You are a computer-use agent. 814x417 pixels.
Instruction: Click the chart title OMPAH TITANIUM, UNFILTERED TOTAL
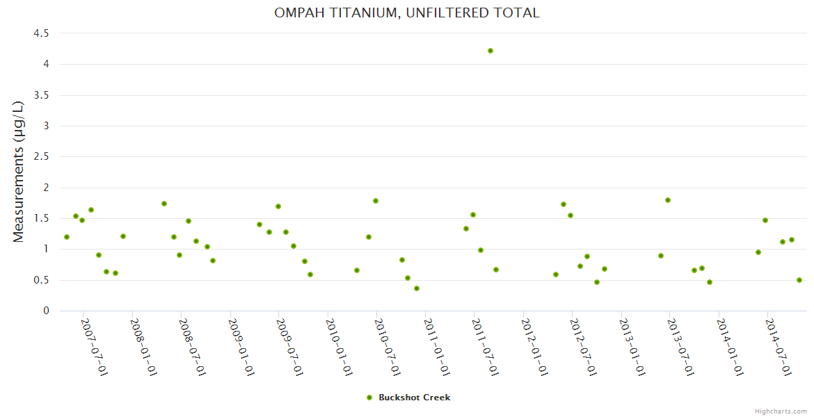tap(407, 13)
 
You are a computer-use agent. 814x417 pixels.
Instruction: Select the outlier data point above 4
tap(490, 51)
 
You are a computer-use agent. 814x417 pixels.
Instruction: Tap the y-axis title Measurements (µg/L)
tap(19, 172)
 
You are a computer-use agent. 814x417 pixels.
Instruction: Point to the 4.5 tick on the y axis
tap(41, 33)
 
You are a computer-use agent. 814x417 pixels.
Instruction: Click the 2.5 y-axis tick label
tap(41, 157)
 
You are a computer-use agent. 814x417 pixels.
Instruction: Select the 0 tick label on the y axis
tap(46, 311)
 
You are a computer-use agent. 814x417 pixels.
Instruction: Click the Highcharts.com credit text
tap(781, 411)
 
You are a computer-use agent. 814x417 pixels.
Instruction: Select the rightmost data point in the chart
tap(799, 280)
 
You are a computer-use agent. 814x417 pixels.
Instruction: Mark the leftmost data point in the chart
tap(67, 237)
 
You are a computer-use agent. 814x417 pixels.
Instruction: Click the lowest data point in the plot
tap(417, 288)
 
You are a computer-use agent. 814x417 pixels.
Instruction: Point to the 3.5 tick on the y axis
tap(41, 95)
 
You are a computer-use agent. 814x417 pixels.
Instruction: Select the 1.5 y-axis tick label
tap(41, 218)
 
